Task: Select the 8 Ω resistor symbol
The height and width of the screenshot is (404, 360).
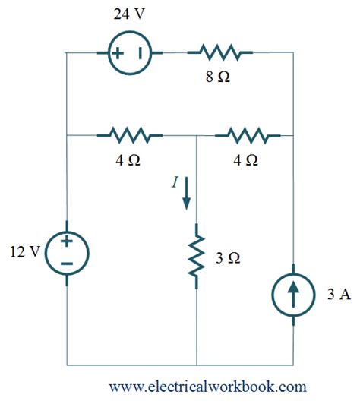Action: pyautogui.click(x=226, y=52)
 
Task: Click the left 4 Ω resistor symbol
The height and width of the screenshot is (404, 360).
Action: pyautogui.click(x=134, y=136)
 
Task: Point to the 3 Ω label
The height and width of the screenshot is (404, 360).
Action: pyautogui.click(x=228, y=259)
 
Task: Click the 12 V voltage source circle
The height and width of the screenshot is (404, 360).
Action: pyautogui.click(x=67, y=252)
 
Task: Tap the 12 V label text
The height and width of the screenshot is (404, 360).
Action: pyautogui.click(x=26, y=252)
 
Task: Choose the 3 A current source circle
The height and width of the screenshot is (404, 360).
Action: pyautogui.click(x=293, y=295)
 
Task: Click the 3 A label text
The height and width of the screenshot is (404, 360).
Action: pyautogui.click(x=337, y=295)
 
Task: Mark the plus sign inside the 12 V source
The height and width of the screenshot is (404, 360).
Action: pyautogui.click(x=67, y=241)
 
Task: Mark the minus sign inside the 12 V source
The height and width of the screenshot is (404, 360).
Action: pyautogui.click(x=67, y=263)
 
